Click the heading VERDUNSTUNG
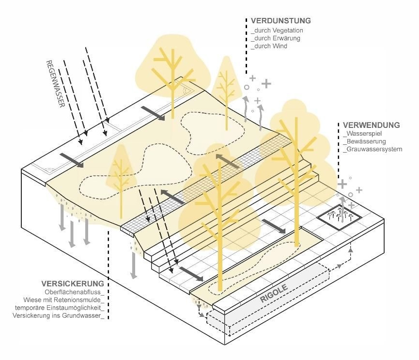[x=280, y=21]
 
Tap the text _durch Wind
[x=269, y=46]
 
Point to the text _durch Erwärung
[x=276, y=38]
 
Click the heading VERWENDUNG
[x=371, y=125]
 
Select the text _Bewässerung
[x=364, y=141]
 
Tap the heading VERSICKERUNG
[x=73, y=283]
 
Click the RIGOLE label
[x=274, y=293]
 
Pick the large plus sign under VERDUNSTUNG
[x=266, y=83]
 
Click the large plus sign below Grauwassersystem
[x=343, y=184]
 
